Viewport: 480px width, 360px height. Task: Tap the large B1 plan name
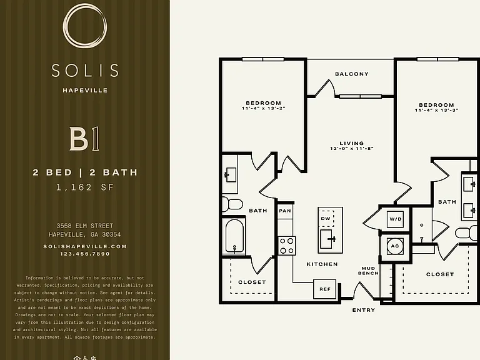coord(84,139)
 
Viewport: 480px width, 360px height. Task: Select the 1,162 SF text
coord(85,187)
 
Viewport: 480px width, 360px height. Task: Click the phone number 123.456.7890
coord(85,254)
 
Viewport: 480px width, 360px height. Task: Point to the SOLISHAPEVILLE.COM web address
coord(85,246)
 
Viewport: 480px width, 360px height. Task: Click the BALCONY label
coord(352,74)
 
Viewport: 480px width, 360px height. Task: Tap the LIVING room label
coord(352,143)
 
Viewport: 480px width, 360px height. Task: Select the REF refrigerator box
coord(325,289)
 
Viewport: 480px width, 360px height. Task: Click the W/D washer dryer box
coord(395,219)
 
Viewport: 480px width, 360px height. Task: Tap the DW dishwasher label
coord(326,219)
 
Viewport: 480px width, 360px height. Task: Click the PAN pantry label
coord(285,211)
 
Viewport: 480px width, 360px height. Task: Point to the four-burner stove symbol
coord(287,246)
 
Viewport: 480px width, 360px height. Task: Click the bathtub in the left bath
coord(234,236)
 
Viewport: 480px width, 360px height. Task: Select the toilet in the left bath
coord(232,204)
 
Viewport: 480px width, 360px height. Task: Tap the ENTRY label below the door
coord(364,310)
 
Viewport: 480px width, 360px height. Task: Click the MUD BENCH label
coord(368,271)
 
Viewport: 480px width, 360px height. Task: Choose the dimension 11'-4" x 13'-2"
coord(264,108)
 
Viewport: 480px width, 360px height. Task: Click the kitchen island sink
coord(328,239)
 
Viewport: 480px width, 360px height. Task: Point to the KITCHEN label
coord(322,264)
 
